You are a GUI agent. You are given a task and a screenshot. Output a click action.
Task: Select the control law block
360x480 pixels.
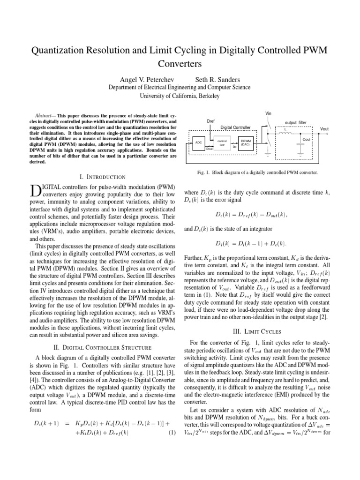tap(223, 142)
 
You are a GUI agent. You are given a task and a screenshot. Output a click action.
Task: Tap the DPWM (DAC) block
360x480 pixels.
tap(246, 142)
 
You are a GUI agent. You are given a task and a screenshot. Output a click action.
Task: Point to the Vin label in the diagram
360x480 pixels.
tap(268, 113)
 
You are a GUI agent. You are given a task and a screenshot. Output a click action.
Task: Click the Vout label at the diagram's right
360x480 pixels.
tap(324, 128)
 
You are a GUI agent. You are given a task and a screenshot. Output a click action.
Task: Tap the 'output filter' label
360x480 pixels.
tap(295, 122)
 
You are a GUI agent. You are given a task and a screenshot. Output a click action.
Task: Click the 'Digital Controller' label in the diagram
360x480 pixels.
tap(236, 127)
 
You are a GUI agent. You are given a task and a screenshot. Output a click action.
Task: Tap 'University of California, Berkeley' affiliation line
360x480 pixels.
tap(180, 96)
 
